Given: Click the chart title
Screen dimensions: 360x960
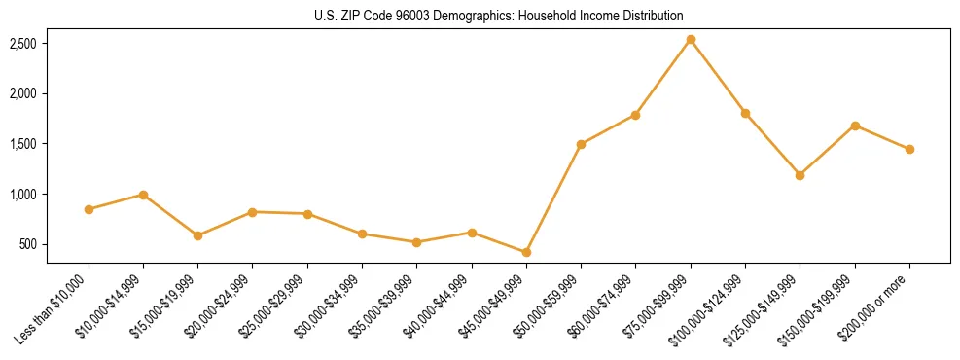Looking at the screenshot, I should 499,16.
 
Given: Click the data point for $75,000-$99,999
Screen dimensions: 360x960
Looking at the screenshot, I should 691,40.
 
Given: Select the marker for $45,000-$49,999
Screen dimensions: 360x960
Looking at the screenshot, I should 526,252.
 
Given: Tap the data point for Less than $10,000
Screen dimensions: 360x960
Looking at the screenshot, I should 89,209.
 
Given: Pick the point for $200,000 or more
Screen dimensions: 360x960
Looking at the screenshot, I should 909,149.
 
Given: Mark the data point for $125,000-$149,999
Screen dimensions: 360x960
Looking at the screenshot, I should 800,175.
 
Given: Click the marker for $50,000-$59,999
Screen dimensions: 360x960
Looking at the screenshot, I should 581,144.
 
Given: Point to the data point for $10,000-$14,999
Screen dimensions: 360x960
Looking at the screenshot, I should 143,195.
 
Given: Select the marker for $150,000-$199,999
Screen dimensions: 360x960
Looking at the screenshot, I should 855,126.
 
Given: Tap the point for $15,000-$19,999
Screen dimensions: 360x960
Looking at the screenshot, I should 197,235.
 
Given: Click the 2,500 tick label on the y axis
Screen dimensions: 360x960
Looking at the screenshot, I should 23,44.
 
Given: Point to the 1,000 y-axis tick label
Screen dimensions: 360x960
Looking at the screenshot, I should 23,195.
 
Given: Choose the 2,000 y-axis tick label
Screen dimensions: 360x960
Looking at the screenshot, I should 23,94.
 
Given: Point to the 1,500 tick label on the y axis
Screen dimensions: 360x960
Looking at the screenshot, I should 23,144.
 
